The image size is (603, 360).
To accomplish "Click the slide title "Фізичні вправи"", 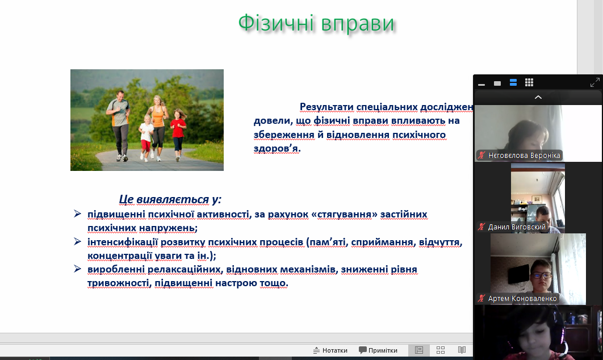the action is (316, 23).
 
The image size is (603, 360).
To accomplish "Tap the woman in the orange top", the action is (158, 125).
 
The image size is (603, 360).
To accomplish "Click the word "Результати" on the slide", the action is (326, 107).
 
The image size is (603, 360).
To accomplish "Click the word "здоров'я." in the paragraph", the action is (277, 148).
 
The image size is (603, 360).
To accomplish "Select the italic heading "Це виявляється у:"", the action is (170, 199).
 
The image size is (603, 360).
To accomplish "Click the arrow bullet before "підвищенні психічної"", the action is (77, 214).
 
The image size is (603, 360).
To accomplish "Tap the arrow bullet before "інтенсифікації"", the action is (77, 241).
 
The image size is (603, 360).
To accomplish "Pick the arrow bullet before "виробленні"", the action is (77, 269).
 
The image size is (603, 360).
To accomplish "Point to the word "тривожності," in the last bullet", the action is (120, 283).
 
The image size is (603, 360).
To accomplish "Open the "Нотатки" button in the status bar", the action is (330, 350).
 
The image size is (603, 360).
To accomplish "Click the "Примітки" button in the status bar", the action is (378, 350).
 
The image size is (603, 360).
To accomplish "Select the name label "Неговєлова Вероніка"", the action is (520, 156).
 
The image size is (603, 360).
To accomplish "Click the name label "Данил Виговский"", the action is (512, 227).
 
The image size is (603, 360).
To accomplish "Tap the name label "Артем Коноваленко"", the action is (518, 299).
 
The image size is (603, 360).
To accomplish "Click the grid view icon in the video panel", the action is (529, 82).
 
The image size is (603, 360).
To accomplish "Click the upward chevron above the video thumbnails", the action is (538, 97).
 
